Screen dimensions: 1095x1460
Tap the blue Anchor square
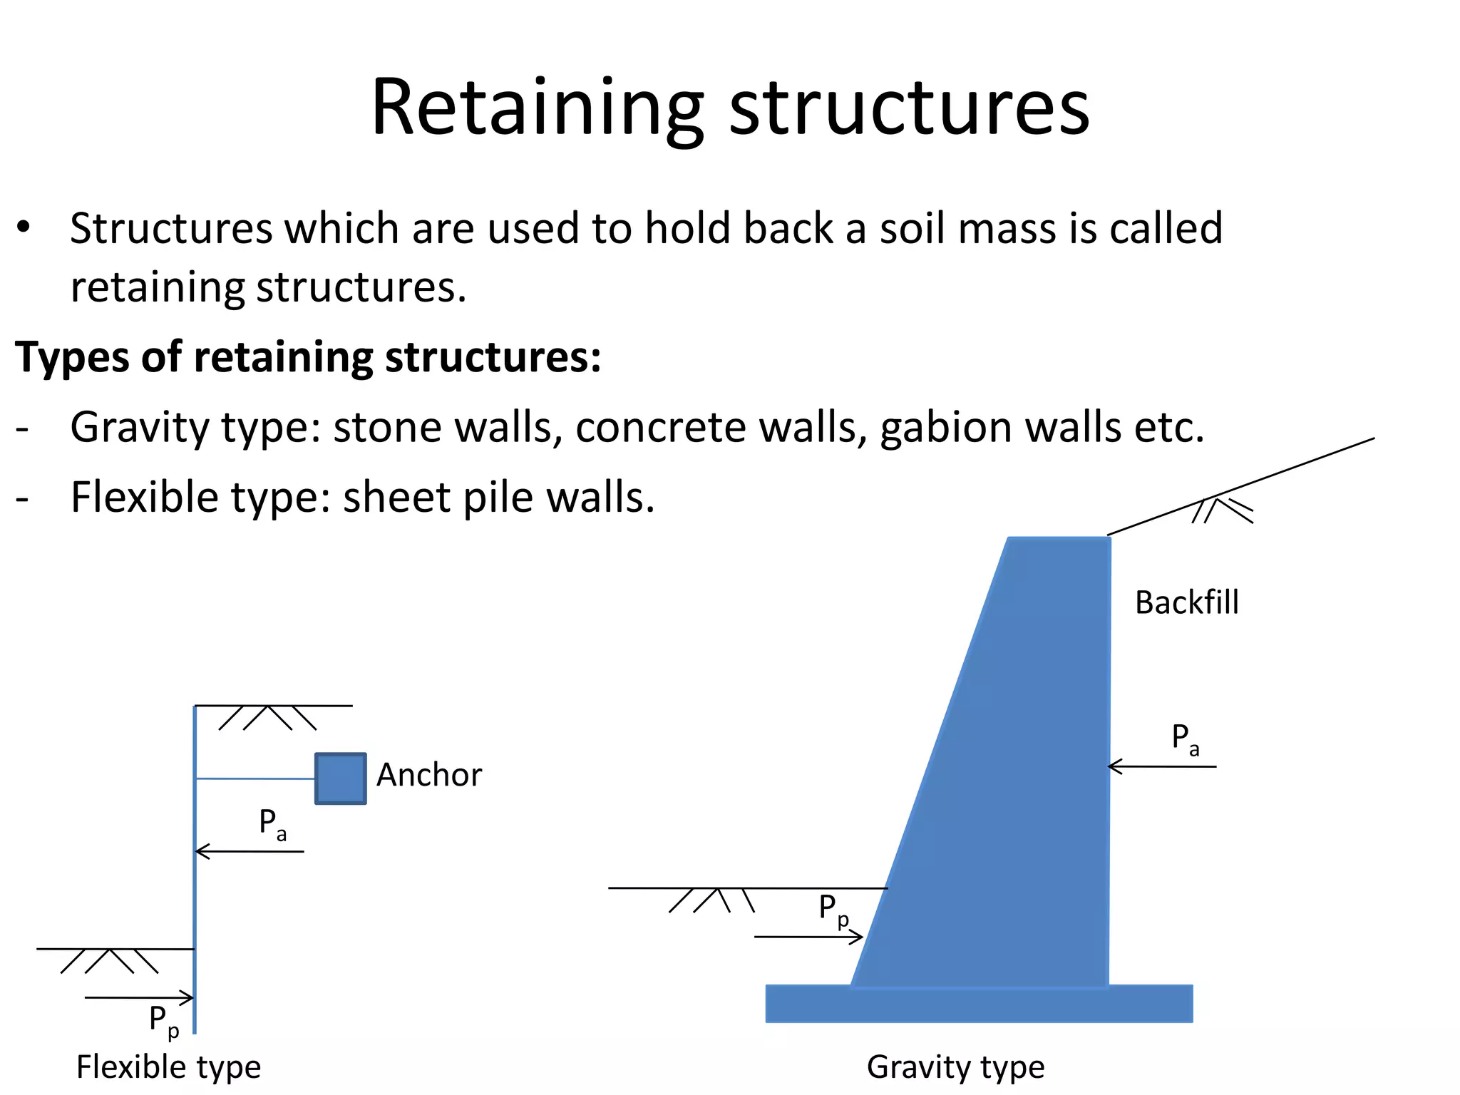point(341,778)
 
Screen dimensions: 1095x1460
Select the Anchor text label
point(428,775)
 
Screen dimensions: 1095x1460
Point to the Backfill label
point(1186,603)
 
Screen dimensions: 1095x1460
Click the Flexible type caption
point(168,1067)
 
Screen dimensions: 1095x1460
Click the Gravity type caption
point(955,1067)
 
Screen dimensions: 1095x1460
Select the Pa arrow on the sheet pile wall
point(250,851)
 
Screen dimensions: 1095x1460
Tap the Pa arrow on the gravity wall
point(1162,766)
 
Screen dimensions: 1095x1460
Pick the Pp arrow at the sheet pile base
point(139,998)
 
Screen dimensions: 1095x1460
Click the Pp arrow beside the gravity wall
point(808,937)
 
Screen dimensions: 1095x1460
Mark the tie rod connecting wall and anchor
point(255,778)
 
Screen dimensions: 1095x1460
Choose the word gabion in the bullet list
point(945,428)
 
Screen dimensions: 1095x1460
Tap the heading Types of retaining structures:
point(308,356)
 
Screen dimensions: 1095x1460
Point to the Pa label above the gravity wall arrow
point(1186,739)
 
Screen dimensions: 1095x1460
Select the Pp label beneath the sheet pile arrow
point(163,1021)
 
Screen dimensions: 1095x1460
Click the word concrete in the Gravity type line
point(659,428)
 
